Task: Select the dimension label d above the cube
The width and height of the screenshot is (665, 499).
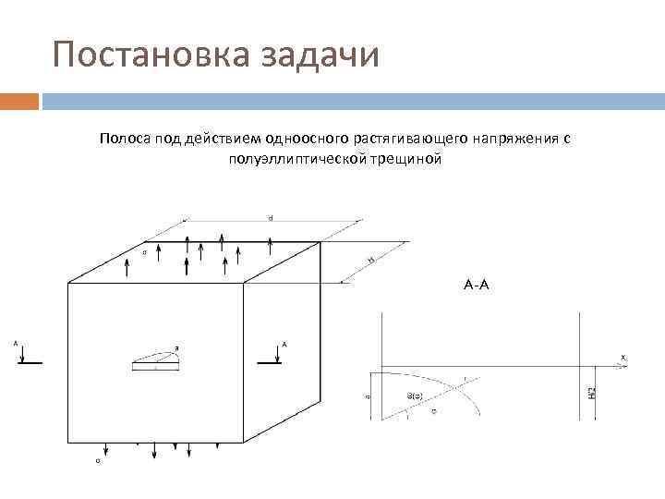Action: point(271,217)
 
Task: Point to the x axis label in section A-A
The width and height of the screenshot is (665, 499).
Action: point(623,357)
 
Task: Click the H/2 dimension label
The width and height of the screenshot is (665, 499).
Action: point(592,393)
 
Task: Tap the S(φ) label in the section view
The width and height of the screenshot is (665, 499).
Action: point(416,396)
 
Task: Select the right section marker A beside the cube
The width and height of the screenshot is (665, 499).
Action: point(284,343)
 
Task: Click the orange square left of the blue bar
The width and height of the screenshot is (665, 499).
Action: point(19,99)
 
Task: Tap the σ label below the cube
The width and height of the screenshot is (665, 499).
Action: point(98,459)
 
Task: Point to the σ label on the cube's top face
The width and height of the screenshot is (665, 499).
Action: point(144,251)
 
